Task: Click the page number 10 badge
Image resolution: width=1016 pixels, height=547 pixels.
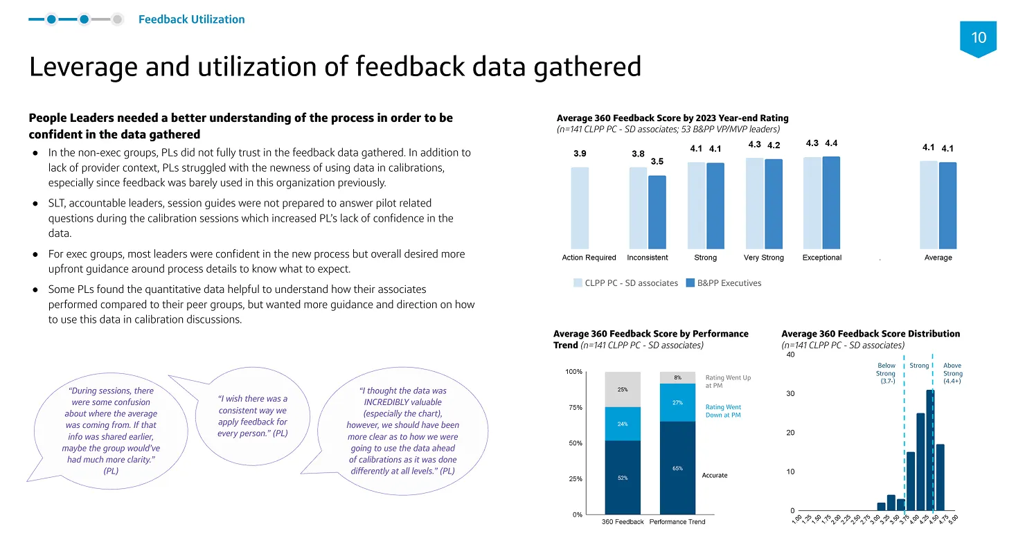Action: (x=978, y=38)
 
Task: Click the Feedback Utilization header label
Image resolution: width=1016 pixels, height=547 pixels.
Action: (x=191, y=19)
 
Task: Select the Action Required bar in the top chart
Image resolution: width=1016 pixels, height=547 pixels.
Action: (x=580, y=208)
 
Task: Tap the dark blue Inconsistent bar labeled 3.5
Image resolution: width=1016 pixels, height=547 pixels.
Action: (x=657, y=212)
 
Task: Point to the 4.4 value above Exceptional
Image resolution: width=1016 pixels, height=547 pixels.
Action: (x=831, y=143)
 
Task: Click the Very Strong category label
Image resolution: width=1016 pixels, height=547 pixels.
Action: (x=764, y=258)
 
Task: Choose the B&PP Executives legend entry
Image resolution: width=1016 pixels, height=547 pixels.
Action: (x=724, y=283)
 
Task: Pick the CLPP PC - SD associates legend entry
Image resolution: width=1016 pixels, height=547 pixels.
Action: (x=626, y=283)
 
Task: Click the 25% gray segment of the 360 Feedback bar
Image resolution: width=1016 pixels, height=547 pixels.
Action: (x=623, y=390)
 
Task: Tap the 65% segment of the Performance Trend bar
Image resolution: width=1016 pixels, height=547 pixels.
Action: (x=677, y=468)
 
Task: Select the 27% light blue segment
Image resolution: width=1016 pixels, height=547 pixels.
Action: (x=677, y=403)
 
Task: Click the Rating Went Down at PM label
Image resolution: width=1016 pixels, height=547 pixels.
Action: (x=723, y=411)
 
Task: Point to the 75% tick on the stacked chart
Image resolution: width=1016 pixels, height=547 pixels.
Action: (x=575, y=407)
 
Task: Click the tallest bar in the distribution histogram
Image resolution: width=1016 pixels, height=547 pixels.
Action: (x=930, y=450)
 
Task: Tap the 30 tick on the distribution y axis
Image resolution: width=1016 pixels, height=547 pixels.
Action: (x=791, y=394)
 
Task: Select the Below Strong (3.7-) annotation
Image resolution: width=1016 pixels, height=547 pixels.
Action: (x=886, y=373)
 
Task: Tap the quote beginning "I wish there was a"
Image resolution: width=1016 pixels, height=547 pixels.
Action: (x=253, y=416)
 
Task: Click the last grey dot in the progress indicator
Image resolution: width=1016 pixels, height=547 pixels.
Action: (x=117, y=19)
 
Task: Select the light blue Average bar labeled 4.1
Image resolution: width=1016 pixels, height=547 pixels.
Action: (x=929, y=205)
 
